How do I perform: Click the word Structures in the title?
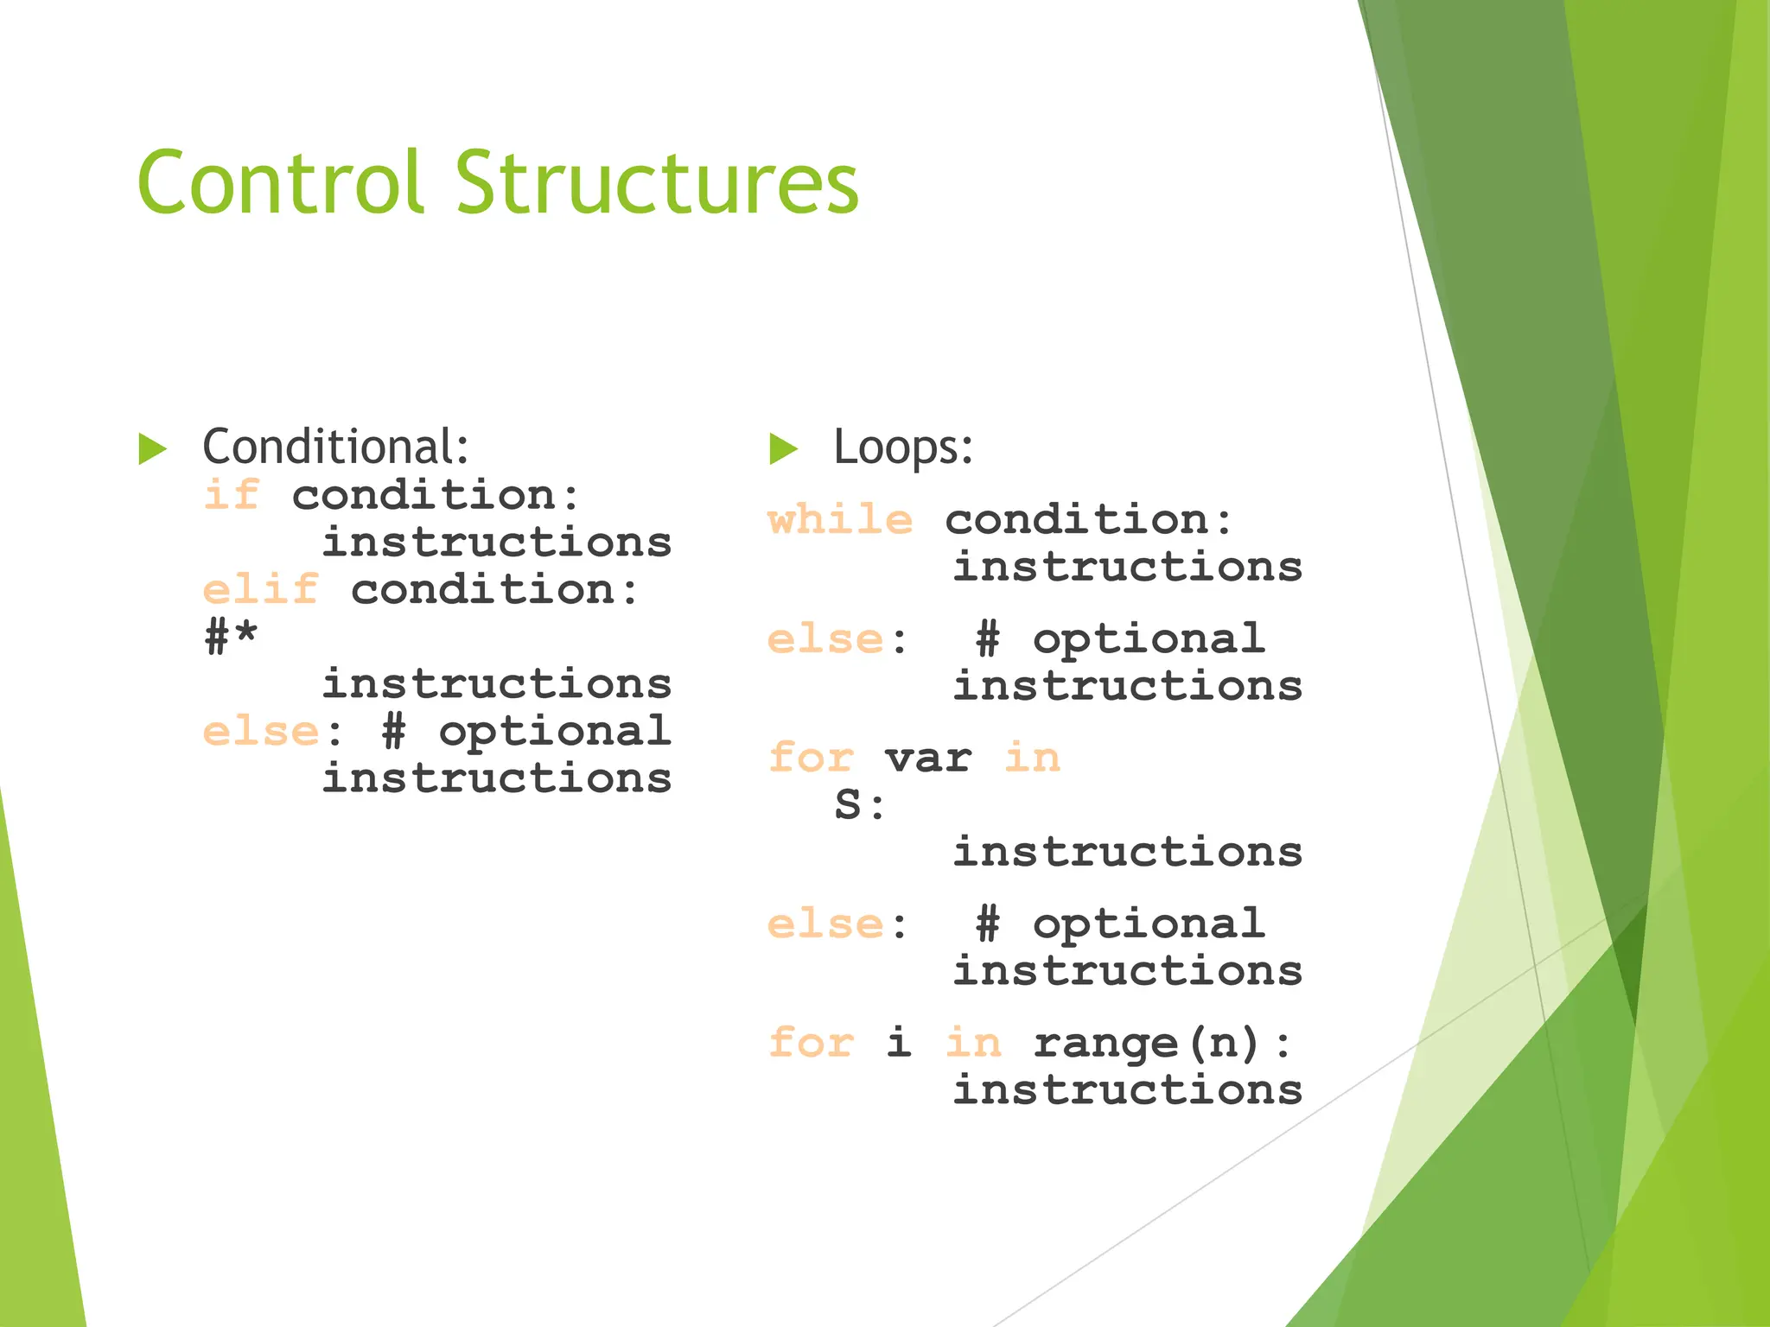pyautogui.click(x=657, y=183)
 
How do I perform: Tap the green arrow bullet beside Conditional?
pyautogui.click(x=153, y=449)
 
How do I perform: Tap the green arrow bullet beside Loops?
pyautogui.click(x=783, y=449)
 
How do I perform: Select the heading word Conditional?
pyautogui.click(x=335, y=448)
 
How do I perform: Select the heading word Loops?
pyautogui.click(x=903, y=448)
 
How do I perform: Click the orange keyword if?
pyautogui.click(x=232, y=496)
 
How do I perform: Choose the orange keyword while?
pyautogui.click(x=840, y=520)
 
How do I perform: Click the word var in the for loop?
pyautogui.click(x=928, y=759)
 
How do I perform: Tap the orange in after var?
pyautogui.click(x=1032, y=759)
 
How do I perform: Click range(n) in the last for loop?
pyautogui.click(x=1146, y=1044)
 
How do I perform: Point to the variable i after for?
pyautogui.click(x=899, y=1042)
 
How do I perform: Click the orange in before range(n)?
pyautogui.click(x=973, y=1044)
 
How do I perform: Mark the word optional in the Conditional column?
pyautogui.click(x=555, y=733)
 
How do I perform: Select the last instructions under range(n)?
pyautogui.click(x=1128, y=1090)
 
